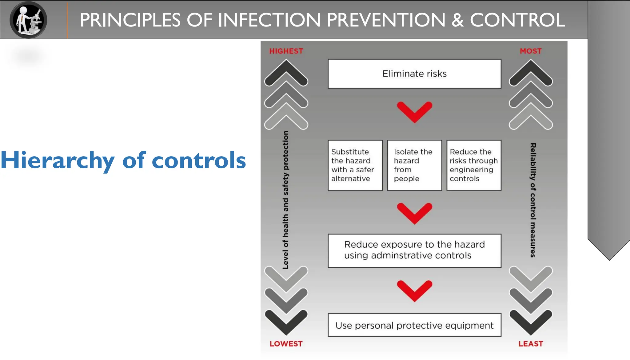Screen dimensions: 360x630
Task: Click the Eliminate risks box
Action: [414, 74]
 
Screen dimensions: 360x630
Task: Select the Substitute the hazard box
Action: [355, 165]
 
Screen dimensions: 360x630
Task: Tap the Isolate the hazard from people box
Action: [414, 165]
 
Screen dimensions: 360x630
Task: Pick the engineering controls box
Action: [474, 165]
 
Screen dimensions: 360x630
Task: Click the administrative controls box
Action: [414, 250]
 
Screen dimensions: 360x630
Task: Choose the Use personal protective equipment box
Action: [414, 325]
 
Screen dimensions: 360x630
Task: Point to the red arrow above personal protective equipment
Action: [414, 290]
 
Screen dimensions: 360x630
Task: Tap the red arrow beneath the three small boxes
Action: [414, 213]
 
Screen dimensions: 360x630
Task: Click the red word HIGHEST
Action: [286, 51]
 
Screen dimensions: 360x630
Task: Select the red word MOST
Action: [531, 51]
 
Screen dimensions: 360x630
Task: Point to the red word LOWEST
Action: [286, 344]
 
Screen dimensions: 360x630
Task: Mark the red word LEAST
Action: [531, 344]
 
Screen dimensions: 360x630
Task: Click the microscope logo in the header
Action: [28, 20]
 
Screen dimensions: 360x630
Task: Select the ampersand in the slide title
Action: [457, 20]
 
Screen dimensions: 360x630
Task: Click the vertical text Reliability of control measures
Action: [533, 200]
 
